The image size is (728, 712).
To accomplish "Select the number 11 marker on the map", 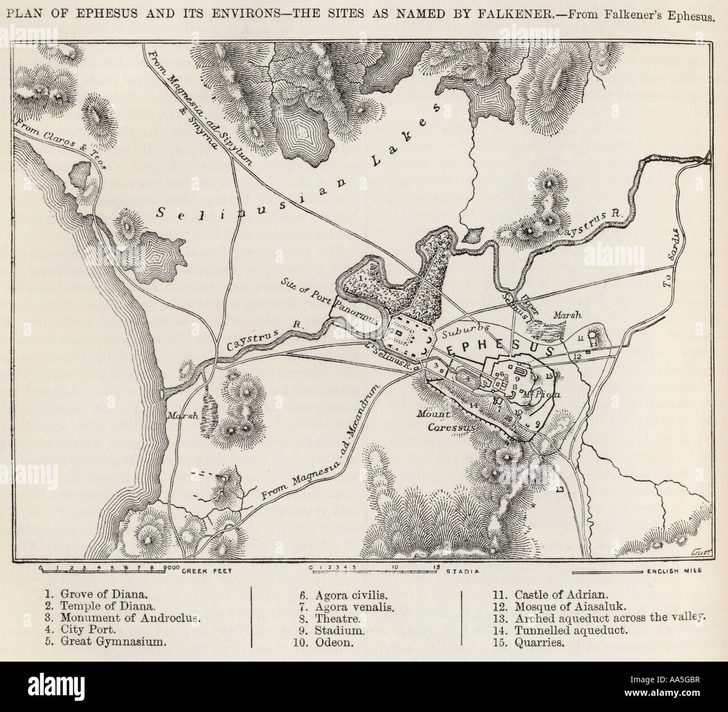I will tap(581, 338).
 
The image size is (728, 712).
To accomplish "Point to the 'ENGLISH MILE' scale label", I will tap(677, 572).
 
